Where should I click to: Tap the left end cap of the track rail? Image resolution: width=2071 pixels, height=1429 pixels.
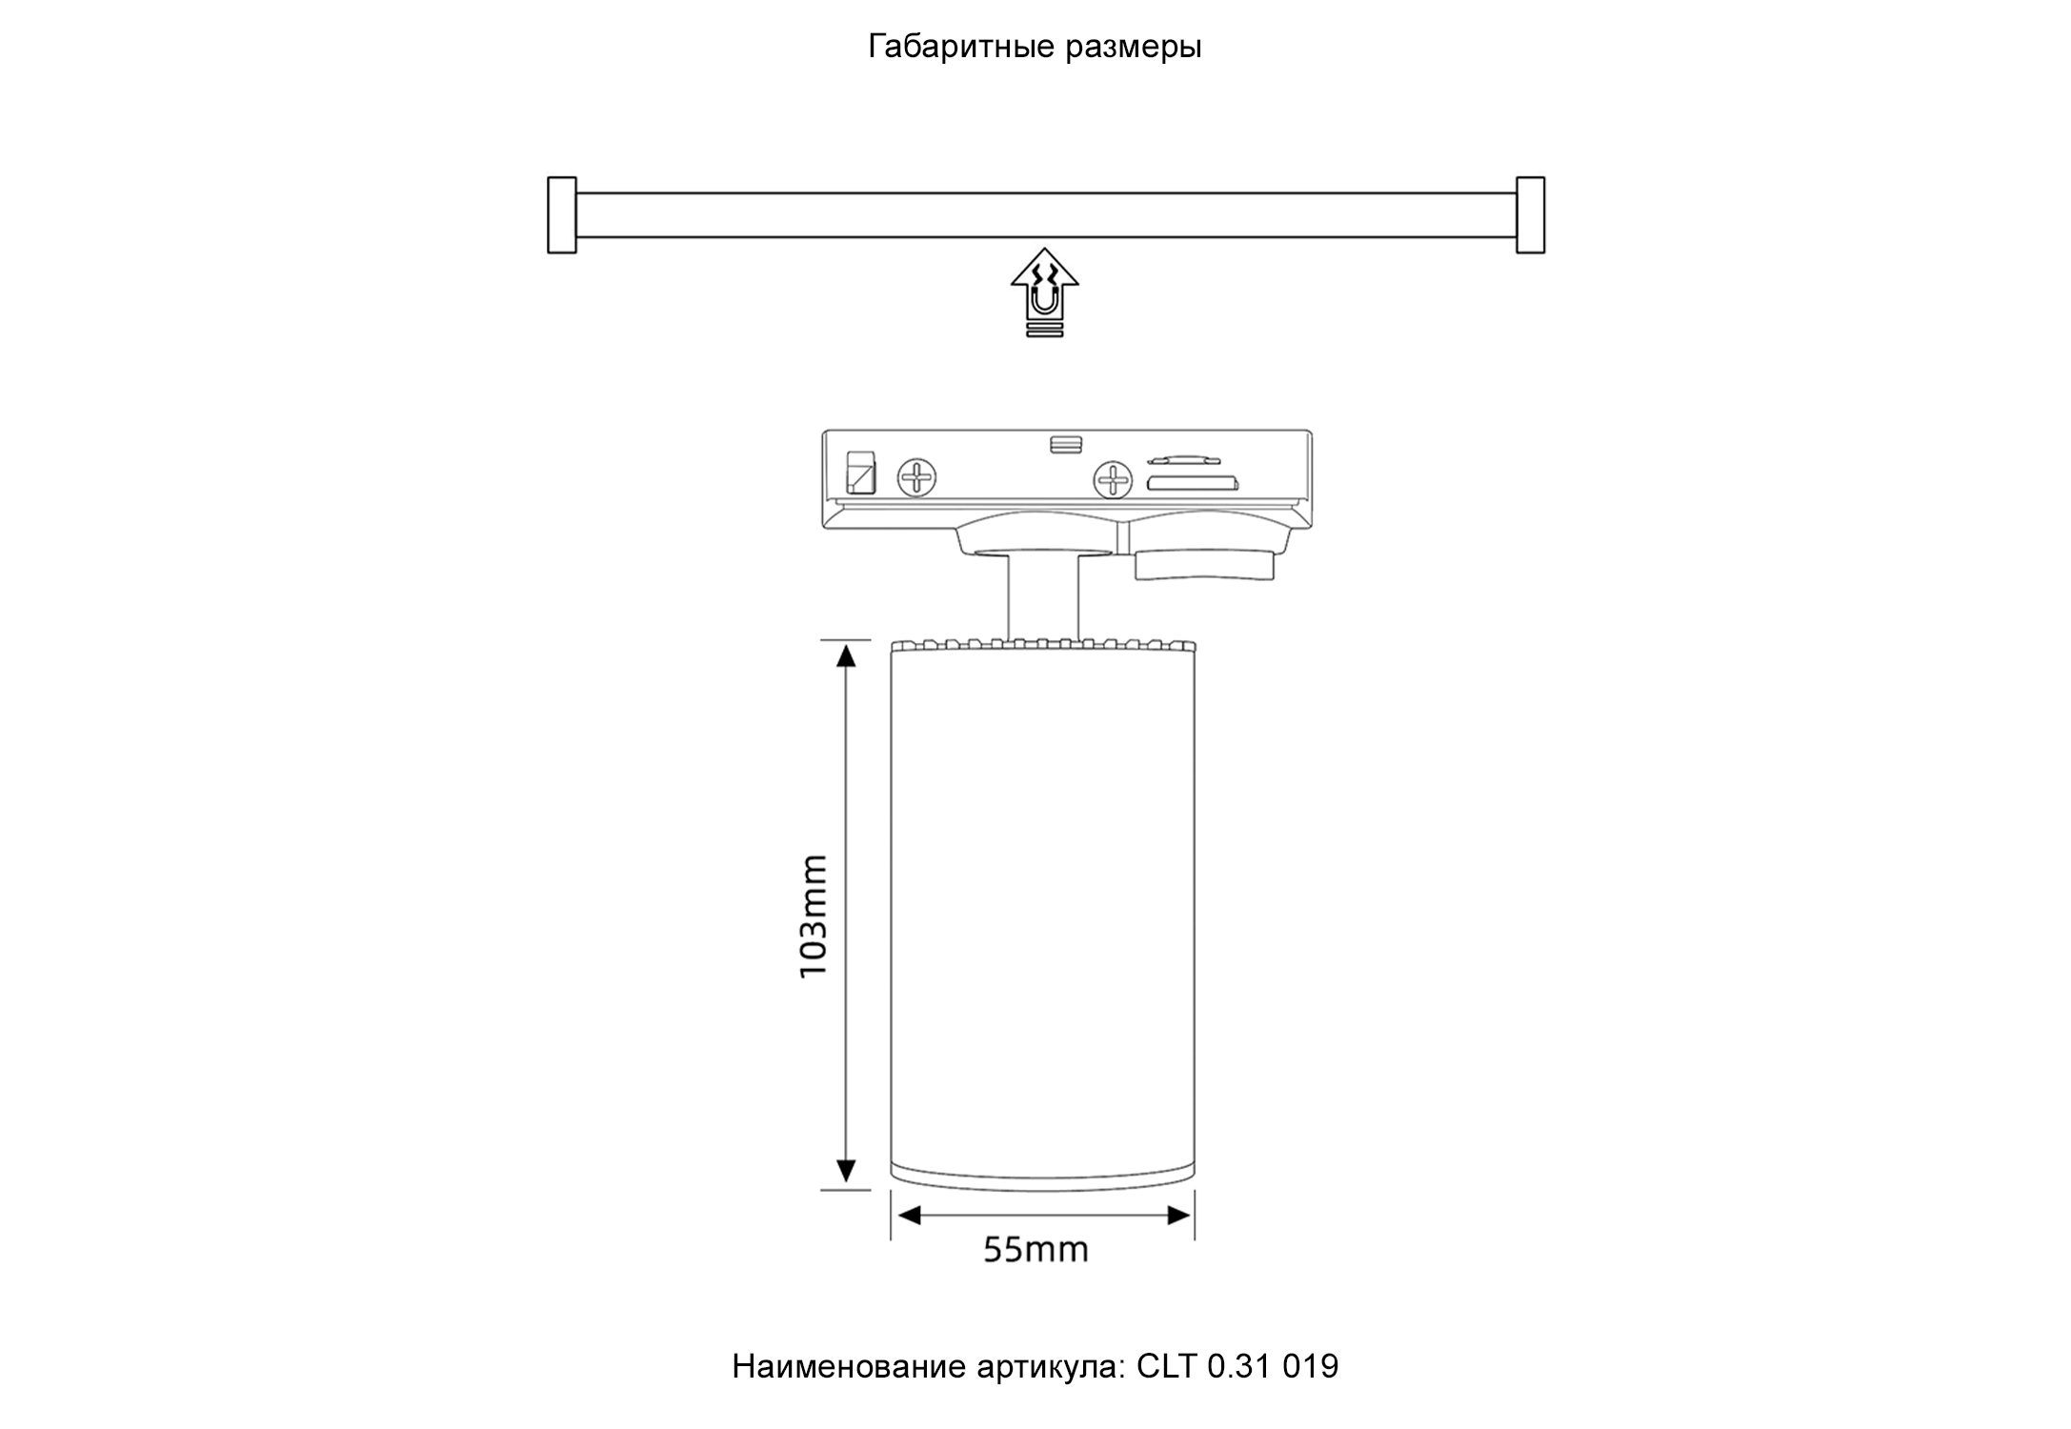(x=562, y=215)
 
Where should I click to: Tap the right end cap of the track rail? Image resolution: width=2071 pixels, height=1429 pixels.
(x=1530, y=215)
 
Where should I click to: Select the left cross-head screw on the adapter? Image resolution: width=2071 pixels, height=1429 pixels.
(x=917, y=477)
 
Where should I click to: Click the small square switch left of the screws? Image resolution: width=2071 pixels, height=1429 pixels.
(x=861, y=472)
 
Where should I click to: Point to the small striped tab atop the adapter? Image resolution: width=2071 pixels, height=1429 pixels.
(x=1065, y=444)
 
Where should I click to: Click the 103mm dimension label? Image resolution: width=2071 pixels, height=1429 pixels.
(x=814, y=916)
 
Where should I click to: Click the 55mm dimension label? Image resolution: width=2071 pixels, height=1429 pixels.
(x=1035, y=1249)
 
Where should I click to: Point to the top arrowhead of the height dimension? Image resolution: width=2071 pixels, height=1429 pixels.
(x=846, y=655)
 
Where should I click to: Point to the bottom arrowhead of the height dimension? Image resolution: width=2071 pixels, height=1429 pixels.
(x=846, y=1171)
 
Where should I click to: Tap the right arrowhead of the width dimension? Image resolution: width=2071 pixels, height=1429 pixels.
(x=1179, y=1216)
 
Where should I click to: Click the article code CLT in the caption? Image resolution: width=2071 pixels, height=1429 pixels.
(x=1166, y=1366)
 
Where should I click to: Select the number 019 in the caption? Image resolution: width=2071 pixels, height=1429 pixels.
(x=1311, y=1366)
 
